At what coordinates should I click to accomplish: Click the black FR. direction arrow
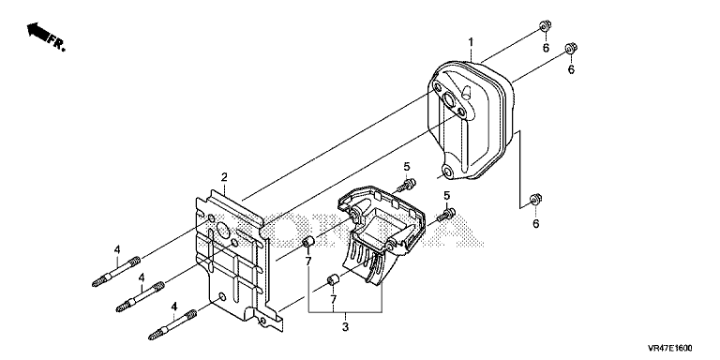coord(38,33)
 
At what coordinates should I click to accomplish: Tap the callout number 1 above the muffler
coord(471,42)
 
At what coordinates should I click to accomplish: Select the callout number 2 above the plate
coord(224,177)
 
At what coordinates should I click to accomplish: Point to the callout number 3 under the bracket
coord(345,327)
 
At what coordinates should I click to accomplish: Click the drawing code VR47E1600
coord(670,348)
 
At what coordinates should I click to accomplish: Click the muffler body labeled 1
coord(470,120)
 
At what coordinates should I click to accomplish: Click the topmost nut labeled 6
coord(545,25)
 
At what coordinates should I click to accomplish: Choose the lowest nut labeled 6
coord(535,200)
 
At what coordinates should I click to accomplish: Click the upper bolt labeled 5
coord(408,185)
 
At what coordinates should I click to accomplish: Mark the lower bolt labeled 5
coord(445,215)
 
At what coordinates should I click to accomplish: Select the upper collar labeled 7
coord(308,242)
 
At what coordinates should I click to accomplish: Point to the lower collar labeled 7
coord(333,279)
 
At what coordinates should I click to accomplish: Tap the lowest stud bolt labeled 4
coord(172,325)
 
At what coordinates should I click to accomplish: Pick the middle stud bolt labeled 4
coord(140,297)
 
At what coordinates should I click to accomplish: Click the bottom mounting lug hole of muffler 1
coord(448,172)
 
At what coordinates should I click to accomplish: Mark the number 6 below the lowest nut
coord(535,224)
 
